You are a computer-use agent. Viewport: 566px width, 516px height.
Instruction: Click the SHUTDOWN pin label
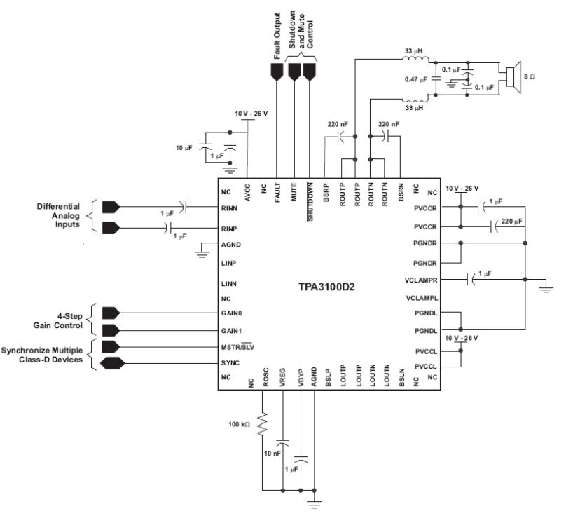click(x=309, y=203)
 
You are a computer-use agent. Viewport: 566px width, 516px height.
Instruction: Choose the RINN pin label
click(x=229, y=208)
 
